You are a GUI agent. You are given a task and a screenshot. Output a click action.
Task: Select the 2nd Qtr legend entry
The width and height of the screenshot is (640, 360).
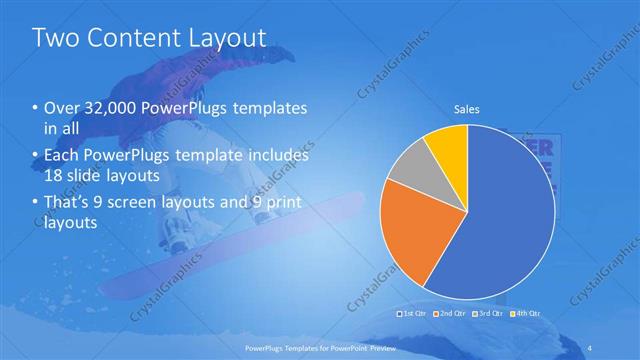(x=450, y=313)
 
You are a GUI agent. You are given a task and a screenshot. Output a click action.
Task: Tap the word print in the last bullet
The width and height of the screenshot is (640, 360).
(x=284, y=204)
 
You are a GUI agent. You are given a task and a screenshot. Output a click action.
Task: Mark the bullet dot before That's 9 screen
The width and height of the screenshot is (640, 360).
(x=36, y=204)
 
